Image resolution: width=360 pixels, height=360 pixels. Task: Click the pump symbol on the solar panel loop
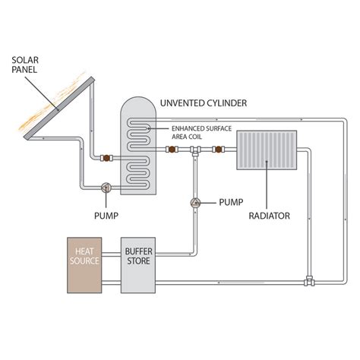click(106, 187)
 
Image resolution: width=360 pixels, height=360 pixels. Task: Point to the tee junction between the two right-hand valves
click(196, 152)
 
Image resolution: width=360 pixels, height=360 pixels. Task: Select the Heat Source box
click(86, 264)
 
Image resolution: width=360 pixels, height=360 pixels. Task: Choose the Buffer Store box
click(139, 264)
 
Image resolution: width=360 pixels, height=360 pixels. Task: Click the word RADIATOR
click(270, 215)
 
